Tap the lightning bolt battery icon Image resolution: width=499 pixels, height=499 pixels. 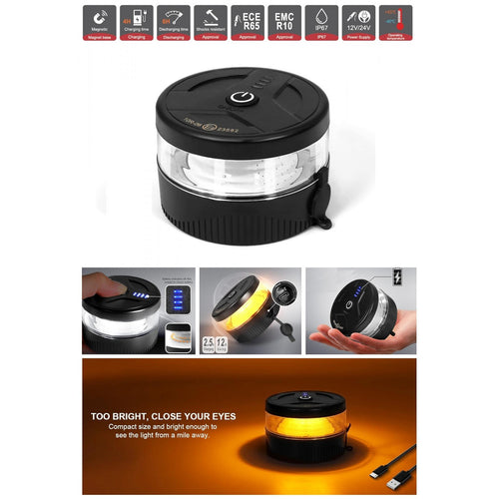(399, 280)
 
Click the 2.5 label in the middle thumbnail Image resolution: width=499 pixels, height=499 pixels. (209, 342)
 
